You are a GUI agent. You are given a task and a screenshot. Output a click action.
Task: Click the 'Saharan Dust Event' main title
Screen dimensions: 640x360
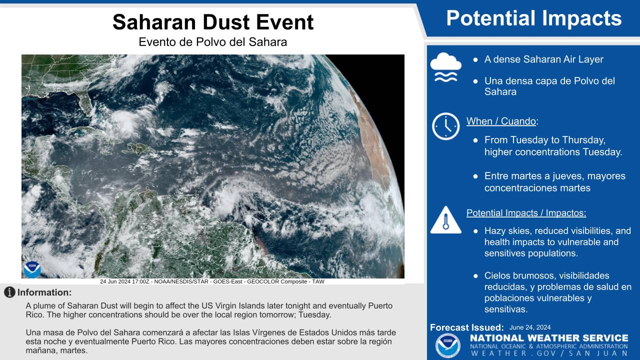pos(213,22)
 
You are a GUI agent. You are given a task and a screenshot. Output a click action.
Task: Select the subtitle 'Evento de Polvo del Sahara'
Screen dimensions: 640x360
pos(213,42)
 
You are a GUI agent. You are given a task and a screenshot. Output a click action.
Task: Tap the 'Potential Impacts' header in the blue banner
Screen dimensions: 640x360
pos(534,18)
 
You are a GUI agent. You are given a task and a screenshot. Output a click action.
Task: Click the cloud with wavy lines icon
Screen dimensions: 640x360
pos(445,67)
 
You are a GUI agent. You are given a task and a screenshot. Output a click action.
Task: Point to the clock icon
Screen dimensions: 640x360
pos(445,126)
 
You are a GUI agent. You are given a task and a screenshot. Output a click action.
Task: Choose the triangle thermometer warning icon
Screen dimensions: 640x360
pos(445,220)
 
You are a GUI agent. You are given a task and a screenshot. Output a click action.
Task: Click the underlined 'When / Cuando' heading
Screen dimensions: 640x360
pos(501,121)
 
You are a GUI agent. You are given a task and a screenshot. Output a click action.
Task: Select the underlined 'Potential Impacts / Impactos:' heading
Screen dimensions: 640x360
pos(526,213)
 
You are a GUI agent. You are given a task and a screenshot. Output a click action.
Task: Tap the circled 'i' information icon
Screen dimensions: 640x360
pos(9,292)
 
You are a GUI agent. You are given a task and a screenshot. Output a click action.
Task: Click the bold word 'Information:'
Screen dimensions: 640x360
pos(44,292)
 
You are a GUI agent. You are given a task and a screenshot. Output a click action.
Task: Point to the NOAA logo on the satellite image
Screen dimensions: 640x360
pos(32,269)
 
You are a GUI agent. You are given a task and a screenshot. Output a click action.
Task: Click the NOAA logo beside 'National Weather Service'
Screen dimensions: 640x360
pos(447,345)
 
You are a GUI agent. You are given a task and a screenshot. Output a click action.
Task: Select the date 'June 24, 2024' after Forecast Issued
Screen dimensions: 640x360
pos(530,327)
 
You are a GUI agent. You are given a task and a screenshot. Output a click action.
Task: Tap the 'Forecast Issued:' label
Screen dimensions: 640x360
pos(467,327)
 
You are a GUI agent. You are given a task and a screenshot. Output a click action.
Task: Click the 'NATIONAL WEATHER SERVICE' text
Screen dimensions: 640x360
pos(549,338)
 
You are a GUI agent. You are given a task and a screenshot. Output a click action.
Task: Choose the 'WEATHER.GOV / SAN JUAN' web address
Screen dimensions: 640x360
pos(549,353)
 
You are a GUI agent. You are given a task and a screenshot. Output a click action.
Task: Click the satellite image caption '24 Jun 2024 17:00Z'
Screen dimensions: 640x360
pos(124,281)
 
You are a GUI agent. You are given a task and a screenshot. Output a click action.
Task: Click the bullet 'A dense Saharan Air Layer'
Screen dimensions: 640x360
pos(543,59)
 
